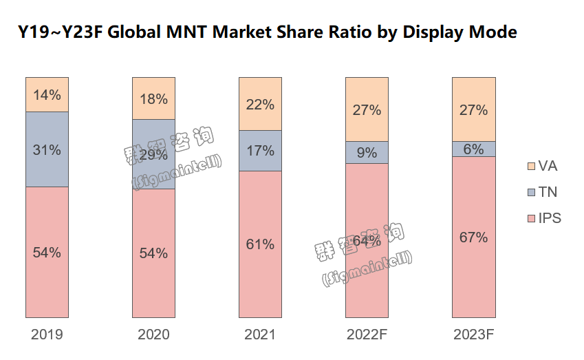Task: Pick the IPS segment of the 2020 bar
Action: (153, 275)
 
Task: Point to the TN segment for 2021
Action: (260, 150)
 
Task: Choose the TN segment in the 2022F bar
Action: (367, 152)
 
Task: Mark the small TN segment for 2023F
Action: (473, 149)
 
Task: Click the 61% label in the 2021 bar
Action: (260, 244)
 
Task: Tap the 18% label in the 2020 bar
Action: (153, 98)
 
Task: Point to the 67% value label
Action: (473, 237)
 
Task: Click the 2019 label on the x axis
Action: (47, 335)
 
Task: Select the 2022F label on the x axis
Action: (367, 335)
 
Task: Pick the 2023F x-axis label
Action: (473, 335)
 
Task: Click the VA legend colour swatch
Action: (531, 166)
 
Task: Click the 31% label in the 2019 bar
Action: (47, 149)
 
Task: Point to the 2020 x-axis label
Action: (153, 335)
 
